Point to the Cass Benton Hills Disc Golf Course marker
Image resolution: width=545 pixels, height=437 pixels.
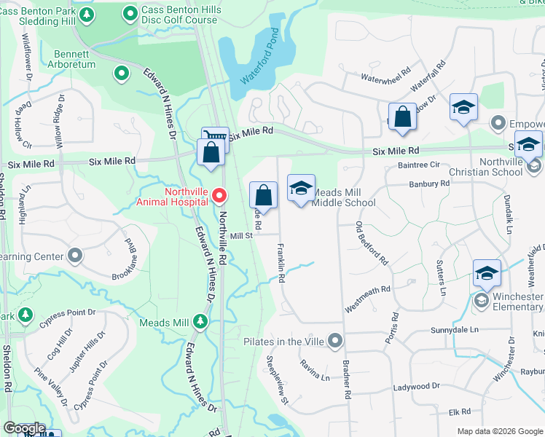pyautogui.click(x=130, y=13)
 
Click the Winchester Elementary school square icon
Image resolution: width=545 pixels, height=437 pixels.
pyautogui.click(x=486, y=273)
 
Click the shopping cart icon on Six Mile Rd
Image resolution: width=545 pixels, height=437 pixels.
pyautogui.click(x=215, y=137)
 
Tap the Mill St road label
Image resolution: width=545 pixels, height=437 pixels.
pyautogui.click(x=240, y=235)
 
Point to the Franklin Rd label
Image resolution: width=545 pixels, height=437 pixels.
pyautogui.click(x=281, y=262)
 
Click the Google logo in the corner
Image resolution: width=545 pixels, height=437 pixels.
pyautogui.click(x=23, y=428)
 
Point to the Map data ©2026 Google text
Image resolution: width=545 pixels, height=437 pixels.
pyautogui.click(x=500, y=431)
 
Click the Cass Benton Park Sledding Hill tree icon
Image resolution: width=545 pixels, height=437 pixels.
pyautogui.click(x=87, y=15)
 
